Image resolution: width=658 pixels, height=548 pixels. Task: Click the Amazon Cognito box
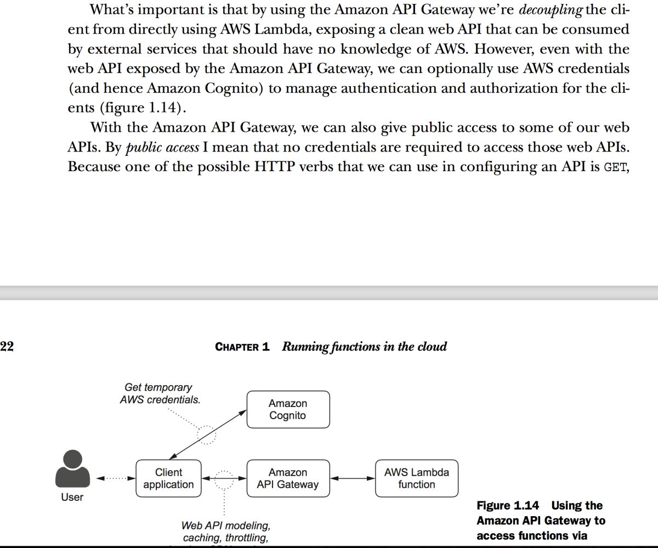[x=288, y=409]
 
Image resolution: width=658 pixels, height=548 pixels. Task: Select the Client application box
[x=168, y=478]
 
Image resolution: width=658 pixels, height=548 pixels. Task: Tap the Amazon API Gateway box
[x=288, y=478]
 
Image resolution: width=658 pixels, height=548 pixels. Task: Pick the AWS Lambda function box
[x=417, y=478]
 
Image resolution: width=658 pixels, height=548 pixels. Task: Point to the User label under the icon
[x=72, y=498]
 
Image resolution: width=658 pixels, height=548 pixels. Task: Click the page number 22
[x=7, y=346]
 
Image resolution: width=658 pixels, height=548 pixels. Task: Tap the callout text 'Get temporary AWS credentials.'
[x=160, y=394]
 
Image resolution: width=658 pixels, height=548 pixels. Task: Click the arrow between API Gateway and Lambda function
[x=353, y=478]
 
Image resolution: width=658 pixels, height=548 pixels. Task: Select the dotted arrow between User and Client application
[x=116, y=478]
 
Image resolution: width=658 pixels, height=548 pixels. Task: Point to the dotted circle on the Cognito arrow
[x=207, y=434]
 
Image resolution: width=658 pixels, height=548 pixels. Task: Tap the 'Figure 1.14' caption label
[x=508, y=506]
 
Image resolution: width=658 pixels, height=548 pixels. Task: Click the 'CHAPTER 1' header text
[x=242, y=347]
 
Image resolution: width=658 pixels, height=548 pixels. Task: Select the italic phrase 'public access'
[x=162, y=147]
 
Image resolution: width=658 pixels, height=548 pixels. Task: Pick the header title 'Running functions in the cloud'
[x=365, y=347]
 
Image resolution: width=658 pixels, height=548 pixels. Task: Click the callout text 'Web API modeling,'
[x=226, y=526]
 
